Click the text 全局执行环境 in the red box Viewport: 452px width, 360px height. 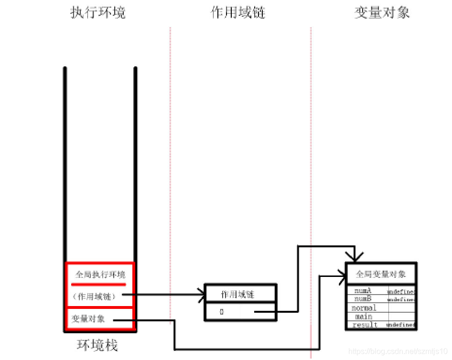[100, 275]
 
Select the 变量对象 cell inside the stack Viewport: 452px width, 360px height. [88, 318]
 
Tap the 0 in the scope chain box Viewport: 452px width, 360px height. [222, 312]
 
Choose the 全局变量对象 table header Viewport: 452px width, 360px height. [381, 274]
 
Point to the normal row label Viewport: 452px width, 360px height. [364, 308]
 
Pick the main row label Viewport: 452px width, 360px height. [364, 317]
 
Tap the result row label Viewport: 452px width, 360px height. [365, 325]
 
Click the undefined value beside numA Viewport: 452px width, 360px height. [401, 291]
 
